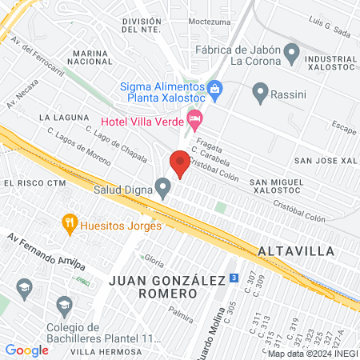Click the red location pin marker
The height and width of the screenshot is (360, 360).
coord(180,162)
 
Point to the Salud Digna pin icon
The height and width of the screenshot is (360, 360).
coord(164,190)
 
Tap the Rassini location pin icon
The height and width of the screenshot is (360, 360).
coord(260,93)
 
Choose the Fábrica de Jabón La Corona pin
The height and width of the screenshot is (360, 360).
coord(292,54)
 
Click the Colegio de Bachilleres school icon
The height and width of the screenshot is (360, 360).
coord(65,305)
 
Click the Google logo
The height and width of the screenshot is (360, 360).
coord(26,350)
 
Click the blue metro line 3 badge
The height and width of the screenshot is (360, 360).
coord(233,278)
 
